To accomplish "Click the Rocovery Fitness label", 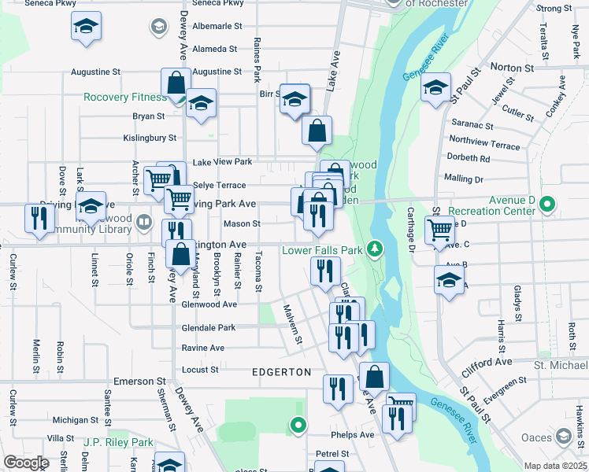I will (125, 98).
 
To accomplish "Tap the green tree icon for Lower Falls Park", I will (376, 249).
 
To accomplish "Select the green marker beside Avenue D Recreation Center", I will (545, 207).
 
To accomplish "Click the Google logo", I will (26, 463).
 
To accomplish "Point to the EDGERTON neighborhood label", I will (282, 371).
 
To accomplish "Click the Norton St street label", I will (512, 68).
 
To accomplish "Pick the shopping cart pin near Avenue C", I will (439, 230).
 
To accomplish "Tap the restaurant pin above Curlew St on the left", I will (37, 218).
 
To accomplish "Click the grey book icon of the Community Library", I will (143, 221).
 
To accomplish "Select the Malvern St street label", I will (291, 324).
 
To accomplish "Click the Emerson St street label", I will (134, 382).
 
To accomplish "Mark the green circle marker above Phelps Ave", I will (298, 426).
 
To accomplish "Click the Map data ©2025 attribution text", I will (554, 466).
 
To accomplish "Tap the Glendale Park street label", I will (208, 327).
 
